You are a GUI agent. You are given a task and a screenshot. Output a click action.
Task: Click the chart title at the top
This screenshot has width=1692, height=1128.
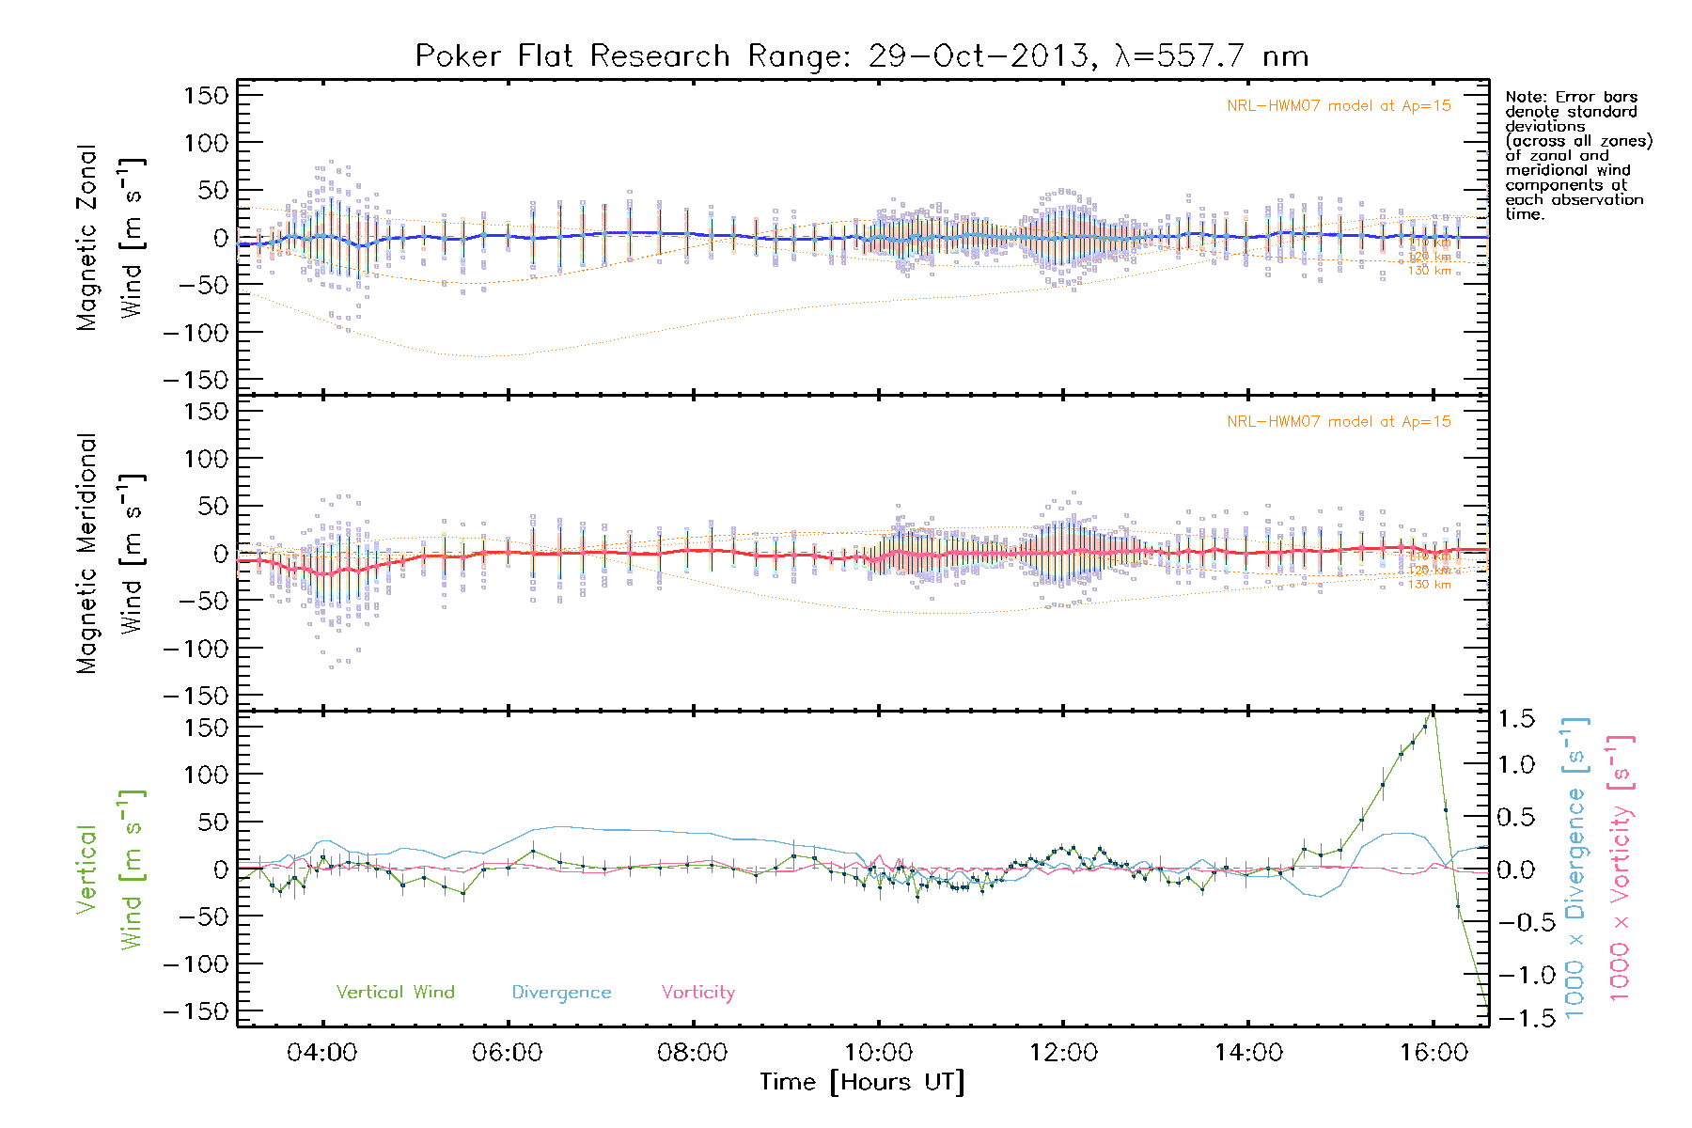point(861,56)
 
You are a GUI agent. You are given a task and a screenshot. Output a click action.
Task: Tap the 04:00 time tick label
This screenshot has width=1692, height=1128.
point(322,1053)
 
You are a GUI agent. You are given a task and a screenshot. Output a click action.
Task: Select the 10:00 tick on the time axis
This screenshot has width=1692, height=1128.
point(878,1053)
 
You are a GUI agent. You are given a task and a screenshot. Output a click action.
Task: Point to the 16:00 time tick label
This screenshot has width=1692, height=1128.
point(1433,1053)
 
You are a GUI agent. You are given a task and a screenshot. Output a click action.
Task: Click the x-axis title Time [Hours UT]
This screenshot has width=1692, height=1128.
point(862,1083)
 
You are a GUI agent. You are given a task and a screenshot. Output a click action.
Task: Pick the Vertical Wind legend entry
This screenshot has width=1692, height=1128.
point(395,993)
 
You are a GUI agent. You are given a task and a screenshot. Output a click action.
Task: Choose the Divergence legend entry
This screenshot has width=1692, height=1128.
point(561,993)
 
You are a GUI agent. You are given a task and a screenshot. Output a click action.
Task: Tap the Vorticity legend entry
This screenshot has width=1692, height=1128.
point(697,993)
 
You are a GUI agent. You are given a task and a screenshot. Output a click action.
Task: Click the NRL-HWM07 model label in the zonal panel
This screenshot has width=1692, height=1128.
point(1339,106)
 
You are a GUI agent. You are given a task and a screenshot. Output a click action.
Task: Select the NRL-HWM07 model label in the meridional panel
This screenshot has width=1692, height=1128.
point(1339,422)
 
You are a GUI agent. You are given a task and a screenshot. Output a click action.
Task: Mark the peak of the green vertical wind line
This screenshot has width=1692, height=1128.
point(1433,711)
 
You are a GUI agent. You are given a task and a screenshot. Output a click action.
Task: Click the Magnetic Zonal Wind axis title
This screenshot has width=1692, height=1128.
point(110,237)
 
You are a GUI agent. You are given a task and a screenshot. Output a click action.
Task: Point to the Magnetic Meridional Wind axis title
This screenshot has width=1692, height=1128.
point(110,554)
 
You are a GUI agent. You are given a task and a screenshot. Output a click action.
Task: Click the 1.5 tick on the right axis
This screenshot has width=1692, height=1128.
point(1516,719)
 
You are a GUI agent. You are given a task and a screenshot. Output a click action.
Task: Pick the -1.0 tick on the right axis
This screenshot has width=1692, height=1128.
point(1516,975)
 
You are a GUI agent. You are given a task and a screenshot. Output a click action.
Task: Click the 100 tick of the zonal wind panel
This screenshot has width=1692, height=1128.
point(206,143)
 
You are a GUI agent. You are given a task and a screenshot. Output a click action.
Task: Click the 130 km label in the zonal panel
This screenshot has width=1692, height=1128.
point(1429,271)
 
